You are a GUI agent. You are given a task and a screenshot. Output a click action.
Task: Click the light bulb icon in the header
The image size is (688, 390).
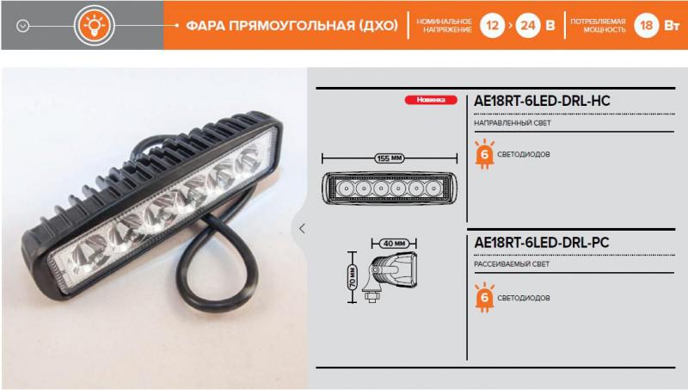[x=95, y=26]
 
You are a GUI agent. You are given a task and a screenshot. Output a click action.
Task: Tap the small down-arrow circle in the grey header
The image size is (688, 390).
[x=23, y=27]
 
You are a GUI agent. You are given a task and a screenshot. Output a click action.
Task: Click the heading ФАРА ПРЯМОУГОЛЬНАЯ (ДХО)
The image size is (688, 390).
[x=292, y=26]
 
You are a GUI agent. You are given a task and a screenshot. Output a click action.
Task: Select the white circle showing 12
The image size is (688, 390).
[x=492, y=26]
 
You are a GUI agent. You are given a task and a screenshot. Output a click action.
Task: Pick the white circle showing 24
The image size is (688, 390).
[x=527, y=26]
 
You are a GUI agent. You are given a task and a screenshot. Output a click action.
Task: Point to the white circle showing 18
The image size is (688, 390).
[x=647, y=26]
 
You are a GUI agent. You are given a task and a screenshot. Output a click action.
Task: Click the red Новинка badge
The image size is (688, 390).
[x=431, y=100]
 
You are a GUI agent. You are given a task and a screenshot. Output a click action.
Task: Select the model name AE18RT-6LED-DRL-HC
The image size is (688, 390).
[x=542, y=101]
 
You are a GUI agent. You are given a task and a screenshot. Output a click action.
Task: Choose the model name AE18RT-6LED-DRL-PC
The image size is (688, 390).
[x=542, y=243]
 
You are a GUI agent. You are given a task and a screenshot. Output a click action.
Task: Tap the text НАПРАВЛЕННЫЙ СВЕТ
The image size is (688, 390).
[x=512, y=123]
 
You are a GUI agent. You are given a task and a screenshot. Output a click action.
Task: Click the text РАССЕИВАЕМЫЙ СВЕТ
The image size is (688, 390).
[x=512, y=264]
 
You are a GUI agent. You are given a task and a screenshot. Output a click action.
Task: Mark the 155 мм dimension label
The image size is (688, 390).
[x=390, y=158]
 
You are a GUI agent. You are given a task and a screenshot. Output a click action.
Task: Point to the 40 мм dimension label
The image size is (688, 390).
[x=394, y=244]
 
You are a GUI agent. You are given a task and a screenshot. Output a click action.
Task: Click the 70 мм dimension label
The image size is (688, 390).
[x=353, y=277]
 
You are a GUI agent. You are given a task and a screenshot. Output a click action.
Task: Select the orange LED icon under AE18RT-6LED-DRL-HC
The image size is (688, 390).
[x=484, y=154]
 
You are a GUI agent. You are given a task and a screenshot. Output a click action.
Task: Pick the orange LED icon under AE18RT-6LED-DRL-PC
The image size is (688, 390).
[x=484, y=297]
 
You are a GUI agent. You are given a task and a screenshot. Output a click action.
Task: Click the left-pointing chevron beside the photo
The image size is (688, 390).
[x=302, y=228]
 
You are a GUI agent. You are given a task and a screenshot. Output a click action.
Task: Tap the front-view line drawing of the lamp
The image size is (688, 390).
[x=390, y=189]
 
